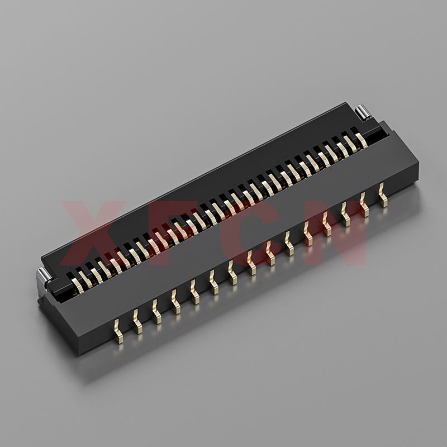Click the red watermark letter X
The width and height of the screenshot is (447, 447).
point(93,232)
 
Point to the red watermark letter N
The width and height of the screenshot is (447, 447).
point(336,232)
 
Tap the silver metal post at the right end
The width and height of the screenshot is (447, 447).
point(363,112)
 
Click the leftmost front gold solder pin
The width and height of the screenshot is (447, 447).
point(118,331)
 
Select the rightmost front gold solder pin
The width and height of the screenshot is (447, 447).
point(383,195)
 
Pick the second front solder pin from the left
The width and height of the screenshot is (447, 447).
point(137,322)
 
